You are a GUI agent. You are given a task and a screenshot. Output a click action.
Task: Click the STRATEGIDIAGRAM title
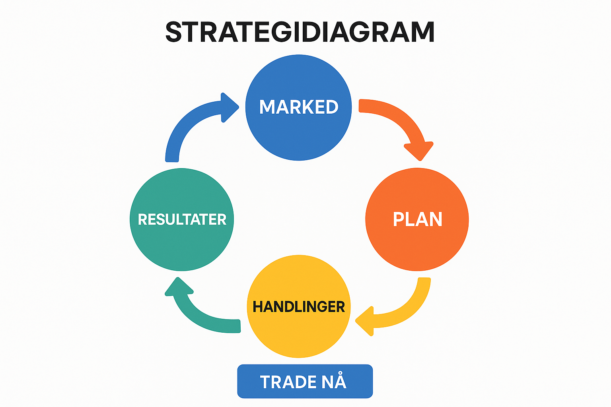[300, 32]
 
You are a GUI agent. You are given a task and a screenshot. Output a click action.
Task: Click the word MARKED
[299, 107]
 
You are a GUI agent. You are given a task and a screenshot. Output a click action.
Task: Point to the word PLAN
[417, 219]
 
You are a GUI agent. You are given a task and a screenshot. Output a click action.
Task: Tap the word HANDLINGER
[299, 307]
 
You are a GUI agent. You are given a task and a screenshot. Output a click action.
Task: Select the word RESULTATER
[182, 219]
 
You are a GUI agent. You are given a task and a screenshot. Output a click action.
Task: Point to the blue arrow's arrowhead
[228, 107]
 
